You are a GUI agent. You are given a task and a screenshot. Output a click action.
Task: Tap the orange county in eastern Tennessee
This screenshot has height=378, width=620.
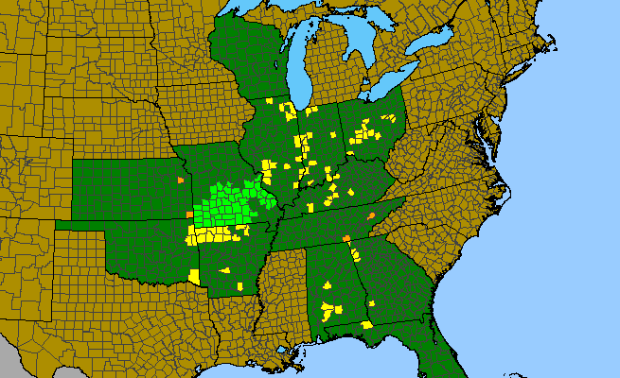371,216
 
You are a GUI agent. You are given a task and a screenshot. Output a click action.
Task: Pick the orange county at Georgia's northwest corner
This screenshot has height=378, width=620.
346,238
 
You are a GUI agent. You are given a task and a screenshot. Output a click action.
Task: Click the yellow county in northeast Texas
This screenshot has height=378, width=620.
195,277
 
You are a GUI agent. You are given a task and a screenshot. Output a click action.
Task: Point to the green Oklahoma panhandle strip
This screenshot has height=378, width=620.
80,225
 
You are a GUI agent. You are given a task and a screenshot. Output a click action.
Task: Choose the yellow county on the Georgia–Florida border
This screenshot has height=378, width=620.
366,325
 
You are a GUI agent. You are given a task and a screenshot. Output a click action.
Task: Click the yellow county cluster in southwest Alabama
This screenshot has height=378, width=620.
330,308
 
